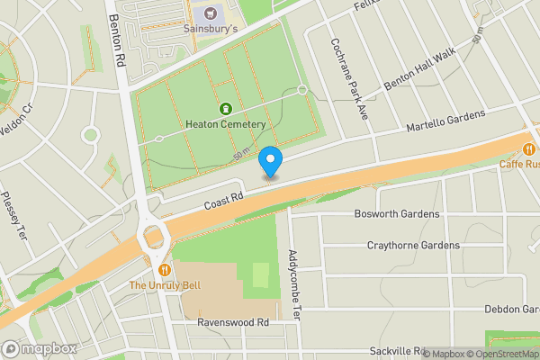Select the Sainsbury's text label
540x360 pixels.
click(x=211, y=29)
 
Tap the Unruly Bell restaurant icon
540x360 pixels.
click(x=164, y=269)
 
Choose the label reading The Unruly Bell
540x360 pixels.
click(x=164, y=285)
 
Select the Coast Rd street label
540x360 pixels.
click(x=223, y=205)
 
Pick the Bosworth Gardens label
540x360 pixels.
click(x=397, y=214)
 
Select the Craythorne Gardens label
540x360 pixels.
click(x=413, y=245)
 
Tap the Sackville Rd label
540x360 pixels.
click(x=396, y=350)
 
